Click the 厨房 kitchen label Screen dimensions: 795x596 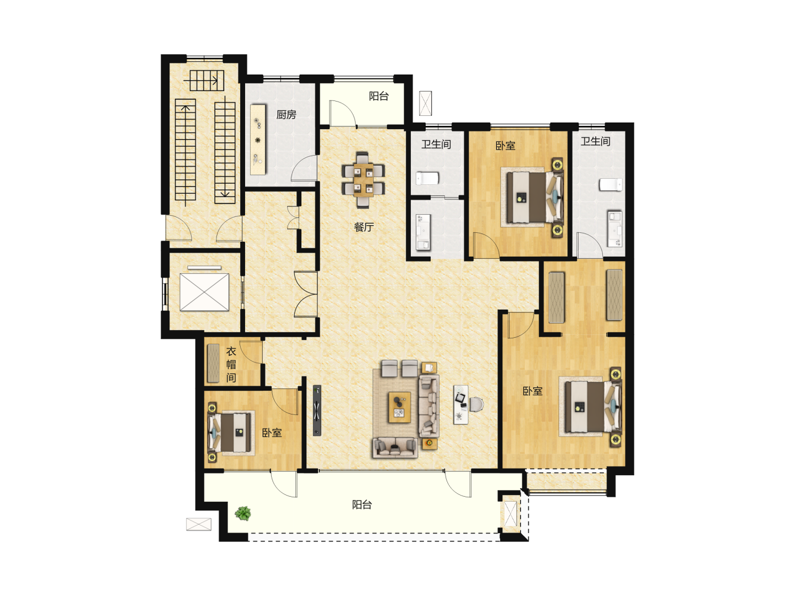(x=286, y=115)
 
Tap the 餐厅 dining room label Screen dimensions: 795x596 (x=364, y=227)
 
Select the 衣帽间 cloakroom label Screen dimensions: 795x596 (x=231, y=364)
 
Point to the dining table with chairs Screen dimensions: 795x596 (x=363, y=180)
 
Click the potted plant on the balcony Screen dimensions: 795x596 (x=243, y=513)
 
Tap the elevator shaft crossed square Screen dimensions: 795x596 (x=204, y=292)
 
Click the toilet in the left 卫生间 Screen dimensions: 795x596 (x=427, y=178)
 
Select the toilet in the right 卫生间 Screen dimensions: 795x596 (x=611, y=184)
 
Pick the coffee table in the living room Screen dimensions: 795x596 (x=400, y=407)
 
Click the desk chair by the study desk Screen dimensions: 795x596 (x=476, y=404)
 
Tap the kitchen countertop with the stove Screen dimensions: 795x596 (x=258, y=140)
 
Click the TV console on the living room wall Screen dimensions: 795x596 (x=317, y=410)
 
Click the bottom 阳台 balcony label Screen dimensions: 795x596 (x=362, y=504)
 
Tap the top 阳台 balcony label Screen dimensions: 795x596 (x=379, y=96)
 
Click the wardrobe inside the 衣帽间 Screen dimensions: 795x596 (x=213, y=363)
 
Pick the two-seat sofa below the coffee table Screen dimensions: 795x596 (x=395, y=448)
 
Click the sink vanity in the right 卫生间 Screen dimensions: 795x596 (x=614, y=228)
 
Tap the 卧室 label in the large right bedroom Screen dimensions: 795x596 (x=532, y=391)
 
